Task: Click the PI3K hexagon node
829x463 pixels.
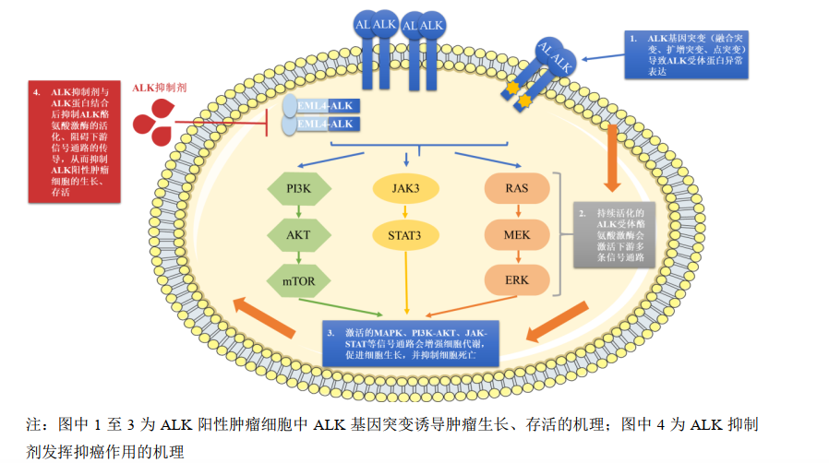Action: pyautogui.click(x=298, y=188)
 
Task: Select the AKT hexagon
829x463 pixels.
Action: pyautogui.click(x=298, y=234)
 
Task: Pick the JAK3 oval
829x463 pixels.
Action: pyautogui.click(x=406, y=188)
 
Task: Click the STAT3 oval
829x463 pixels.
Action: pyautogui.click(x=406, y=234)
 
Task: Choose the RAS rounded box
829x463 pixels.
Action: pyautogui.click(x=517, y=188)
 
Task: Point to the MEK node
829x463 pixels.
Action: pyautogui.click(x=517, y=234)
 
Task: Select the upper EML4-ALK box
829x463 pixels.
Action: pyautogui.click(x=327, y=106)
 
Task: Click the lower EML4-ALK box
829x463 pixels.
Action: pyautogui.click(x=327, y=125)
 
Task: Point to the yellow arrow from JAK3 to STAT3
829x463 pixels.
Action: pyautogui.click(x=406, y=211)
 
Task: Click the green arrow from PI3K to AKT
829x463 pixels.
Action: pyautogui.click(x=298, y=211)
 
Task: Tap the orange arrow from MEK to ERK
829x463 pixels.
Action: pyautogui.click(x=517, y=257)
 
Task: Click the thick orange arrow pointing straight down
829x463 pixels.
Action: pyautogui.click(x=611, y=153)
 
